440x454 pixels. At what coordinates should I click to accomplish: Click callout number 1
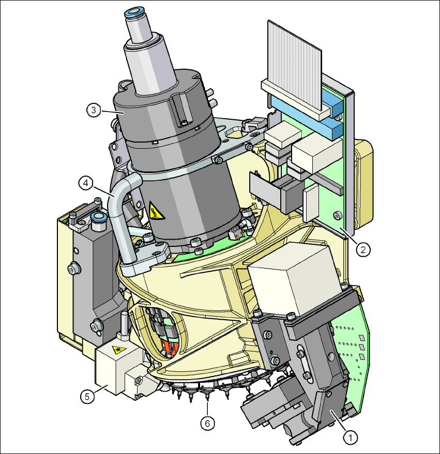pos(351,437)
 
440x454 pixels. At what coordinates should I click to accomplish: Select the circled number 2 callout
pos(363,249)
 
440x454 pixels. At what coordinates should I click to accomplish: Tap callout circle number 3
pos(94,110)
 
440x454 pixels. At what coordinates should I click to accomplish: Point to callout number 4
pos(86,183)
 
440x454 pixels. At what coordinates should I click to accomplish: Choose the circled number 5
pos(87,396)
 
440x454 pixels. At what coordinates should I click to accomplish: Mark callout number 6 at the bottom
pos(207,424)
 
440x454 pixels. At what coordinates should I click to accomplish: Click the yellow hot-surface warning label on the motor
pos(156,211)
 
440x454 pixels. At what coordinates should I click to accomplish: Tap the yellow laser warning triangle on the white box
pos(119,350)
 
